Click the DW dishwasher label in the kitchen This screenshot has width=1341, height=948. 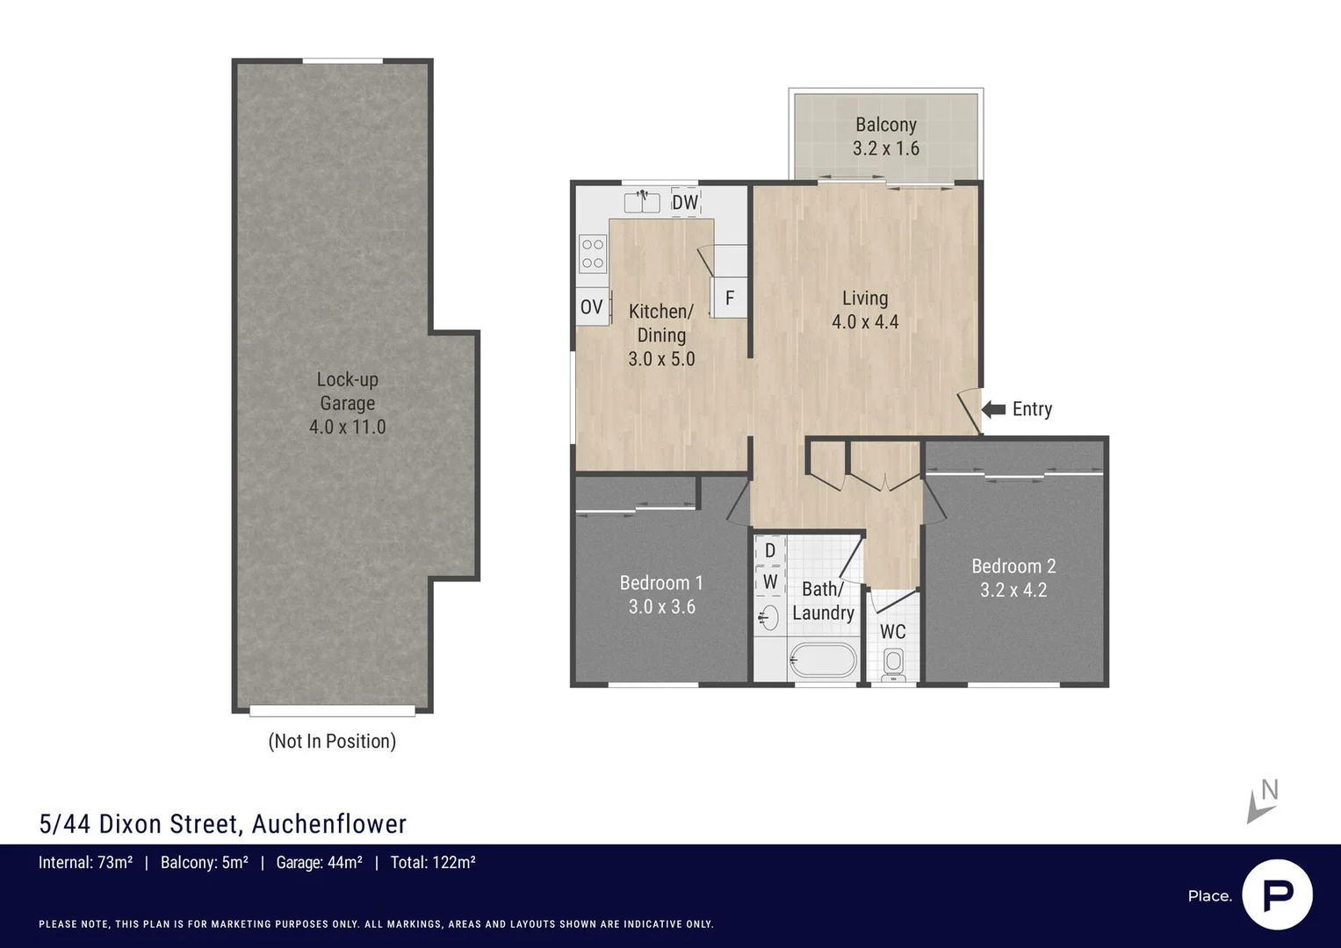685,202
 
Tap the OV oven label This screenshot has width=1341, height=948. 592,307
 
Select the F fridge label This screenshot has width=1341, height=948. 730,298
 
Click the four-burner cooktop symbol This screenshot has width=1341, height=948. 593,254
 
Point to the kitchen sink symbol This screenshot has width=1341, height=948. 642,202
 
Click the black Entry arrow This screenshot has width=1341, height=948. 994,409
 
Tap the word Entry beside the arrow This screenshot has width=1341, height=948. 1032,409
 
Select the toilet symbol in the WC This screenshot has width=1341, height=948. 893,664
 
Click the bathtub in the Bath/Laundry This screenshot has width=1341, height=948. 823,661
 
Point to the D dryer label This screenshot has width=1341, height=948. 770,550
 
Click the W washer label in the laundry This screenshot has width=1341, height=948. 770,581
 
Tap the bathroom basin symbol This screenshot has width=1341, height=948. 768,617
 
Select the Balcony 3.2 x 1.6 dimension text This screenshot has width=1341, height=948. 886,147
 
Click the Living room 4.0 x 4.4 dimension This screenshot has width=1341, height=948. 865,322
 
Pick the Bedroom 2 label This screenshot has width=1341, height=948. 1013,566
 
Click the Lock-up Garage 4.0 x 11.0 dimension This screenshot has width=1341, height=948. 347,427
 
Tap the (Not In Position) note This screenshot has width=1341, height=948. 332,741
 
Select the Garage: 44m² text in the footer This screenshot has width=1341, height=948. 319,862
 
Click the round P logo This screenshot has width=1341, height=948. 1278,894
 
